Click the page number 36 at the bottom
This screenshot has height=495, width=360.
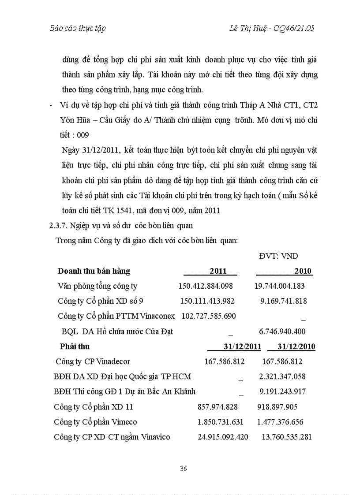point(184,469)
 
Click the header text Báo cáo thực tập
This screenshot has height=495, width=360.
point(77,29)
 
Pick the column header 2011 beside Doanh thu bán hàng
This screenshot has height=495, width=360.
point(218,271)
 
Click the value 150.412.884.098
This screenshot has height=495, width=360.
point(206,286)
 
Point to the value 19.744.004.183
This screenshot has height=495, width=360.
point(279,286)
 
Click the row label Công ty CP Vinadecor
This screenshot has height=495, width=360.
point(93,361)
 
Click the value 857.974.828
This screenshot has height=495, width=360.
point(218,407)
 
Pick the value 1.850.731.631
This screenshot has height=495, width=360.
point(221,422)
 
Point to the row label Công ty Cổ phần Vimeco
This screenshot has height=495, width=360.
point(95,422)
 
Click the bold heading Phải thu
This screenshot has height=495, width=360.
point(75,346)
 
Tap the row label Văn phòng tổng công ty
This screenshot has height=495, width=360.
point(97,286)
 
